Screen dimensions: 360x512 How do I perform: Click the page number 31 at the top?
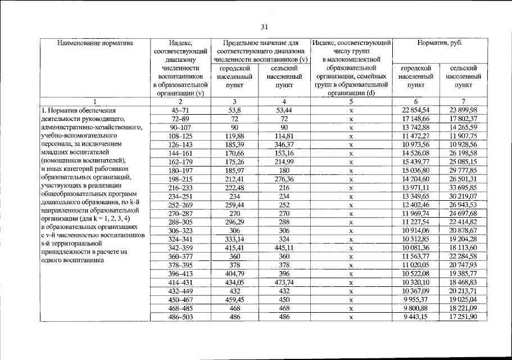point(266,26)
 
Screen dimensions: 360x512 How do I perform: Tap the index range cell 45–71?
point(180,110)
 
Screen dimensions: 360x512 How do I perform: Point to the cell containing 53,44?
point(284,110)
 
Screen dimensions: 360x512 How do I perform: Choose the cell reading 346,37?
point(284,145)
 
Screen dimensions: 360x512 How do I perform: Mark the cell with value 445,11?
point(284,248)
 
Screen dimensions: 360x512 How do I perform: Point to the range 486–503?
point(180,317)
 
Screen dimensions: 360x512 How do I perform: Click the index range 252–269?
point(180,205)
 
